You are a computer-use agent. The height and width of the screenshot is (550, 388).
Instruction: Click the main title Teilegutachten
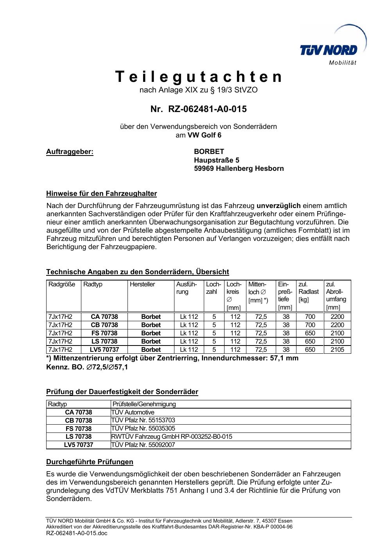coord(198,77)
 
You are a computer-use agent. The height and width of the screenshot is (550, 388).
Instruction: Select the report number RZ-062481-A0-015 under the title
coord(207,109)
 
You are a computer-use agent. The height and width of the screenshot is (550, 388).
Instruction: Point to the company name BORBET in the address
coord(209,152)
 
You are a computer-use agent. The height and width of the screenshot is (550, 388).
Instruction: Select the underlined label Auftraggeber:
coord(70,152)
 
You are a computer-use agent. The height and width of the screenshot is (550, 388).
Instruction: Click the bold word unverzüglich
coord(278,206)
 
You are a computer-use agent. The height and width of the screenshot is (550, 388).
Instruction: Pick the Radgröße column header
coord(62,284)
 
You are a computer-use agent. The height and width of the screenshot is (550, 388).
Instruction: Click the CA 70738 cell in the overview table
coord(104,317)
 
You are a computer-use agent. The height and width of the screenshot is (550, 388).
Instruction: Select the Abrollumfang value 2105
coord(337,349)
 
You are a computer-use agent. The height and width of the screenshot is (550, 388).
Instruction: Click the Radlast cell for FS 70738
coord(310,333)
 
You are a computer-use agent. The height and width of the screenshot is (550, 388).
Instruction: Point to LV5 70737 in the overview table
coord(104,349)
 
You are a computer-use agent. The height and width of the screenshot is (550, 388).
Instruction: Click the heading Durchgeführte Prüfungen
coord(90,462)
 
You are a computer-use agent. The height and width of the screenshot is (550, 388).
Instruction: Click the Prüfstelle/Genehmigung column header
coord(144,404)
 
